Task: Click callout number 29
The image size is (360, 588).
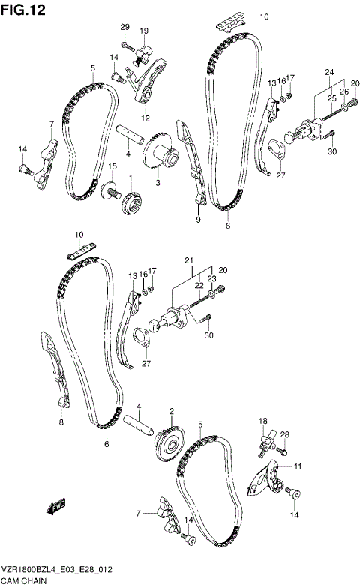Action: (125, 27)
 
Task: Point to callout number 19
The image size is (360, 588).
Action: (144, 30)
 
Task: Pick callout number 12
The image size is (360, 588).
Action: (145, 118)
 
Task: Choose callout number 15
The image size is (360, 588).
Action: (112, 166)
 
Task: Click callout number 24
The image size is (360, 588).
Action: (328, 72)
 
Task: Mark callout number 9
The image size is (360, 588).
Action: (199, 220)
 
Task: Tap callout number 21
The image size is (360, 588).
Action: (190, 260)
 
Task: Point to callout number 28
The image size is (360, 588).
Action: (285, 434)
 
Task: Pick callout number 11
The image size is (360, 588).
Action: (298, 466)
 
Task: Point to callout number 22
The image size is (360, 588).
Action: (198, 285)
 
